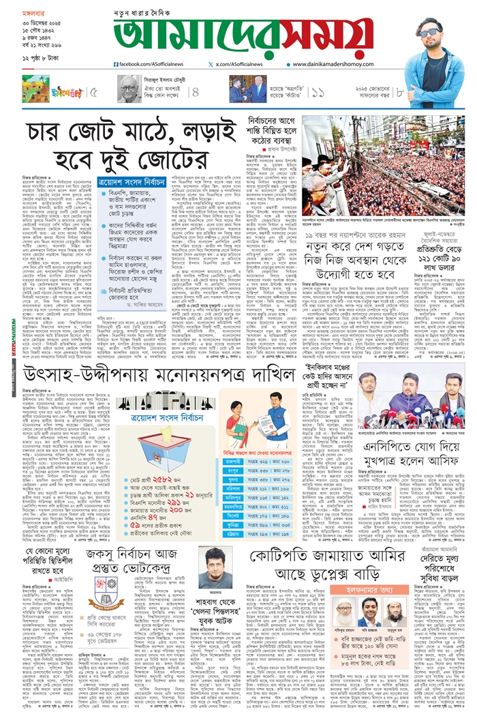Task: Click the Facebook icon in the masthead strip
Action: click(x=117, y=64)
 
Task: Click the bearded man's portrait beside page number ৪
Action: click(x=127, y=89)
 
